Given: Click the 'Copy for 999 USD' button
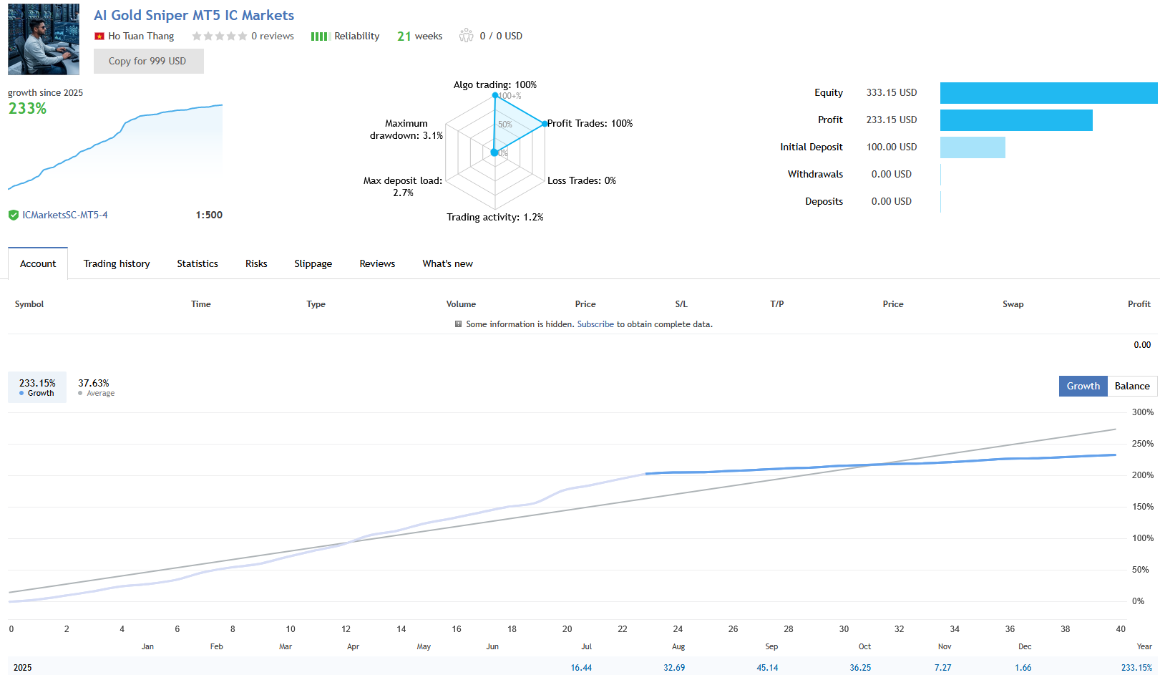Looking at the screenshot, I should [x=148, y=62].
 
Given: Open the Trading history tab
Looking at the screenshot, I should [x=117, y=263].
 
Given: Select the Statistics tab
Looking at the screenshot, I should [x=198, y=263].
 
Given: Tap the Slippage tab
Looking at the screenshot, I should [x=313, y=263].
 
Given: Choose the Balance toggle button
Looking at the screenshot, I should [x=1131, y=386].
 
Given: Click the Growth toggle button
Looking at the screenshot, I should [x=1083, y=386].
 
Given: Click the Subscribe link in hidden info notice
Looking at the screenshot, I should [x=595, y=324].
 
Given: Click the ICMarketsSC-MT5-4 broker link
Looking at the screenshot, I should [x=64, y=215].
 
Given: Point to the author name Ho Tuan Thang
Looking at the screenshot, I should [x=141, y=36].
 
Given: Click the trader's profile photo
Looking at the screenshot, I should [x=44, y=39].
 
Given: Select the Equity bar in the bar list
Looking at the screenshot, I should [x=1048, y=93].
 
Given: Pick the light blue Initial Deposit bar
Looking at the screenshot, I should [x=973, y=147].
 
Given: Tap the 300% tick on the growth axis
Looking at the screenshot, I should [x=1142, y=412].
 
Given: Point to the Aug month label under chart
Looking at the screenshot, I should [x=678, y=646].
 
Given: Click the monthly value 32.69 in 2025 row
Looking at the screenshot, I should [x=674, y=667].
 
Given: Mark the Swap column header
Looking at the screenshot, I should [x=1013, y=304].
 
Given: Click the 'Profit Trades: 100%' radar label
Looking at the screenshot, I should [x=590, y=123].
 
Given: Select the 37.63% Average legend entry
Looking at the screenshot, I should [x=96, y=387].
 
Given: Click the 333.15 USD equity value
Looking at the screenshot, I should [x=891, y=93].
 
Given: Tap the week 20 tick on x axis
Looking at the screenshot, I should [x=567, y=629].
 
